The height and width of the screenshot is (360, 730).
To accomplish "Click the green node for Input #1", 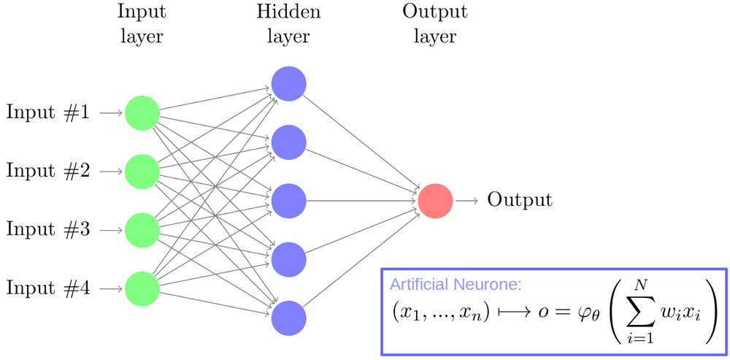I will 142,113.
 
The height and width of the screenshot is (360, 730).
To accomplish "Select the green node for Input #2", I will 142,172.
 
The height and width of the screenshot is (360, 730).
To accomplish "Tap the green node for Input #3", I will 142,230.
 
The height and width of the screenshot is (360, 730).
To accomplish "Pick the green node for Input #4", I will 142,288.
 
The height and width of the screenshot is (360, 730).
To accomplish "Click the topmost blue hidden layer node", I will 288,84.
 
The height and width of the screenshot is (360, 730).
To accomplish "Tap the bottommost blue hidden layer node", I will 288,318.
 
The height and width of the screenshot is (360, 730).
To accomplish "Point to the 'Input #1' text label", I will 48,113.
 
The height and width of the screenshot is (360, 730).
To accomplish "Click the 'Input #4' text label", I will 48,288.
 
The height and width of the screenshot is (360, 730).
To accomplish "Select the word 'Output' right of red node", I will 520,200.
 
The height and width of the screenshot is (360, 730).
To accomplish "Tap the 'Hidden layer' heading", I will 288,23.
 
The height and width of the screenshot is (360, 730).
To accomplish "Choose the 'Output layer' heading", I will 435,23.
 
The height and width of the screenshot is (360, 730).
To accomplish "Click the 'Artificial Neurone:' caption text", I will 456,284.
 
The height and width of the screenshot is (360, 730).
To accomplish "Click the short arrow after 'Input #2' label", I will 110,172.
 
